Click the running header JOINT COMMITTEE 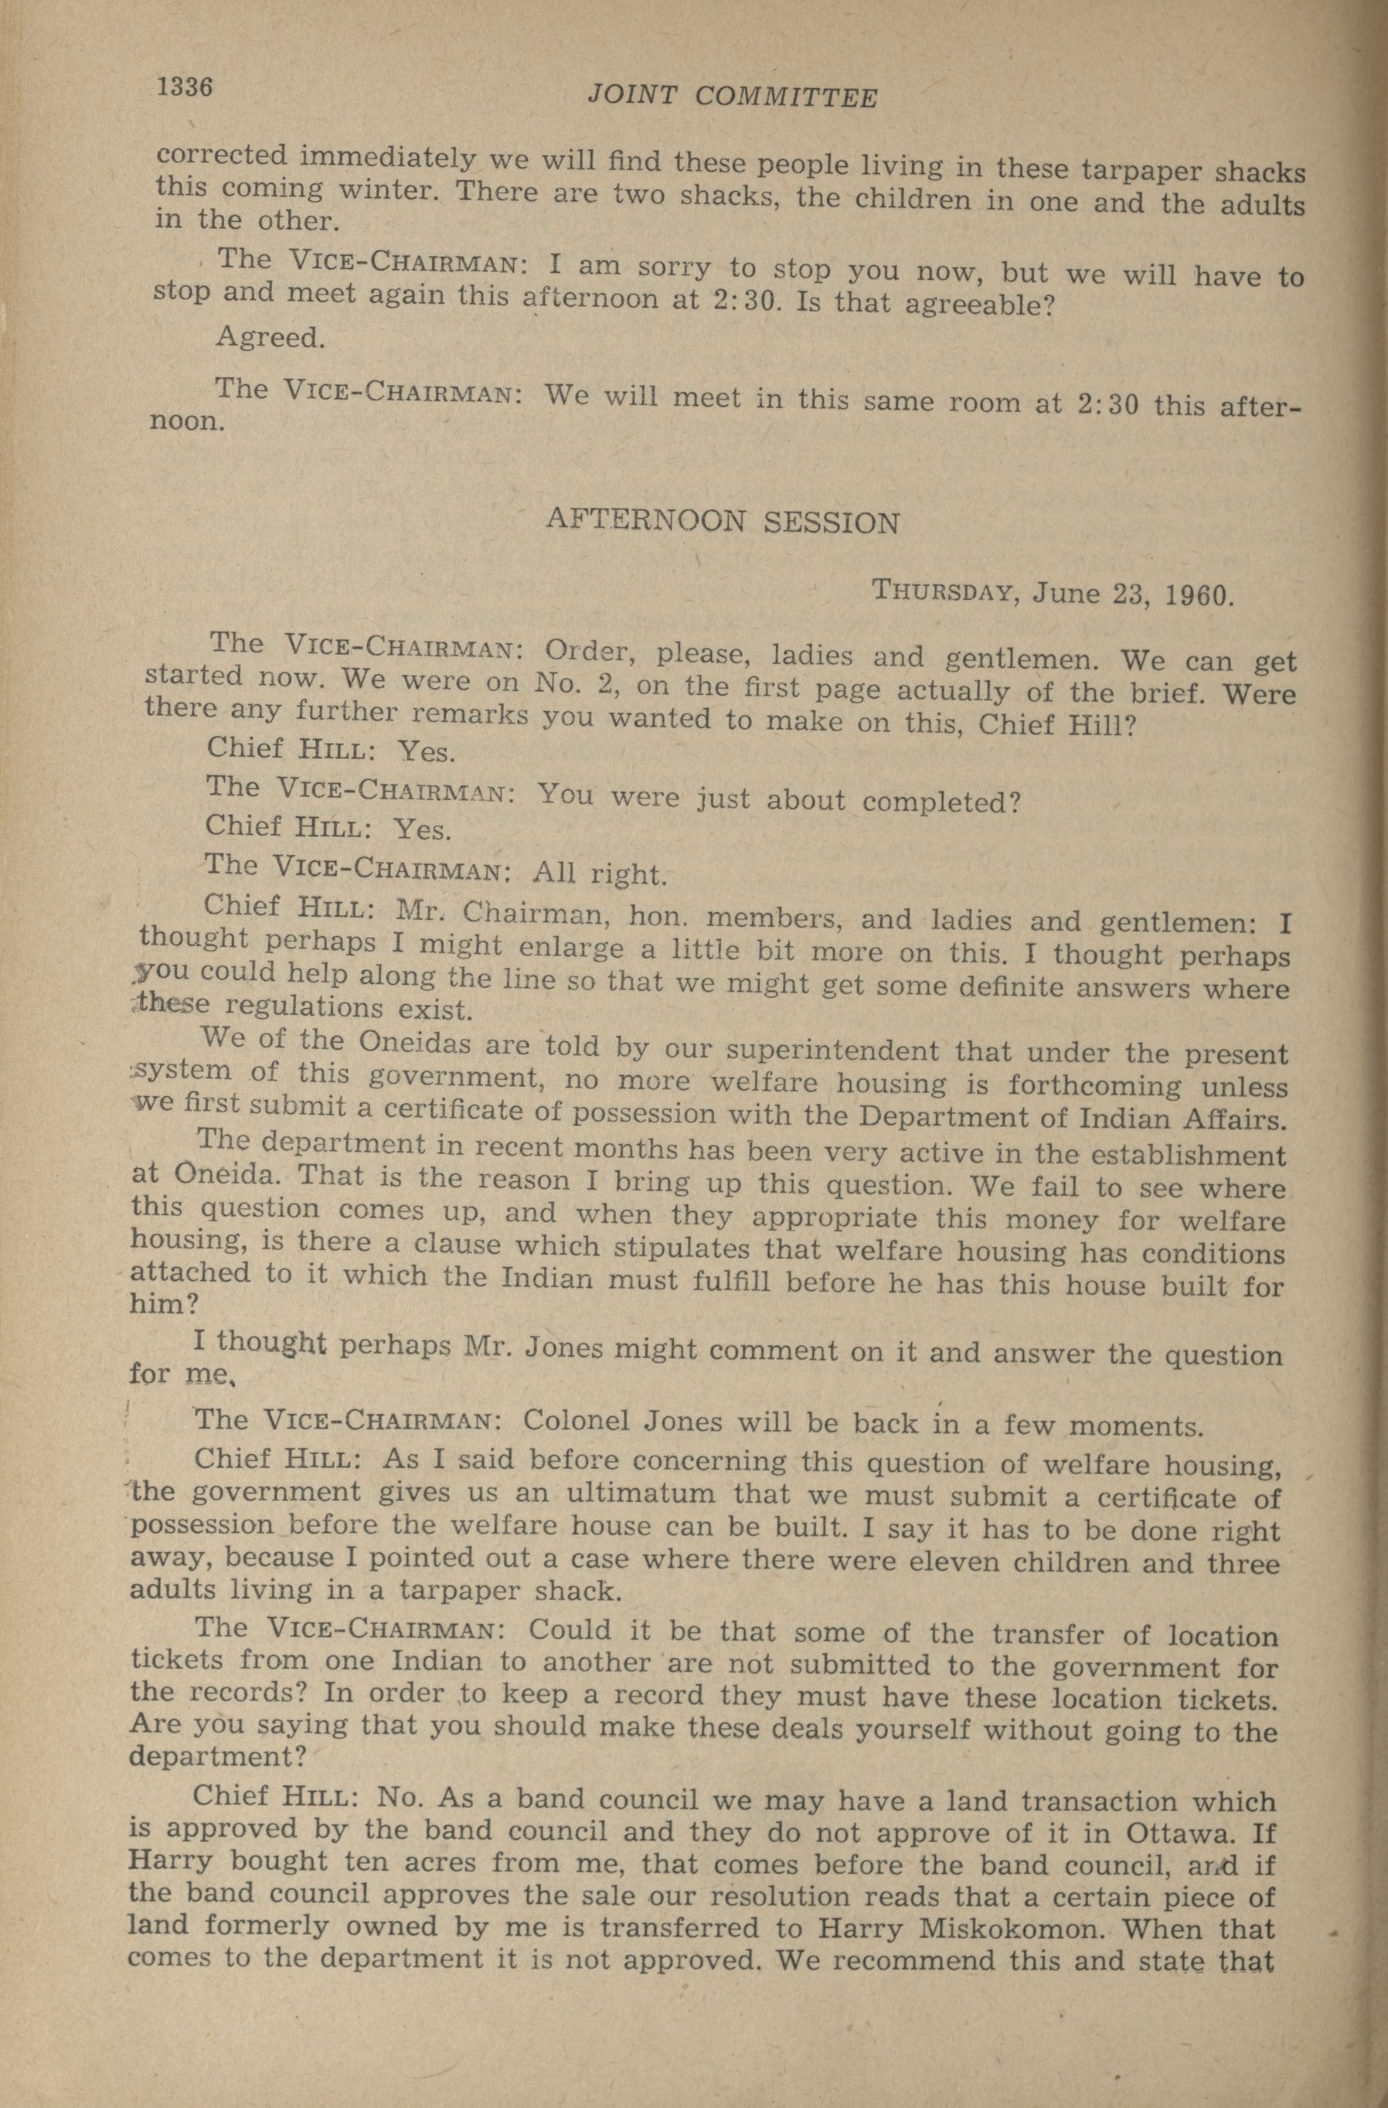coord(733,97)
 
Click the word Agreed coord(268,338)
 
